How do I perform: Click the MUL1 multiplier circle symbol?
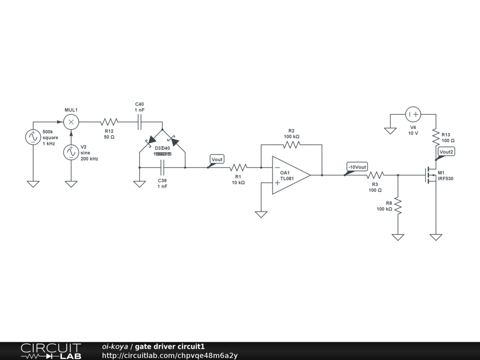coord(71,122)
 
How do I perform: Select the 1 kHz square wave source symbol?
coord(33,137)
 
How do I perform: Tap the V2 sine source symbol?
coord(71,152)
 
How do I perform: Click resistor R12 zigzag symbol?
coord(109,122)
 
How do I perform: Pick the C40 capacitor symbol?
coord(139,122)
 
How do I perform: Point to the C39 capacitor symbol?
coord(162,167)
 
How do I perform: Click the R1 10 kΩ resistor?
coord(238,167)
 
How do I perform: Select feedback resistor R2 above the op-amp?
coord(291,144)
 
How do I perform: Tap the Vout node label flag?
coord(217,159)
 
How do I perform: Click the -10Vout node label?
coord(357,167)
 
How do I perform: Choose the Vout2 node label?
coord(446,151)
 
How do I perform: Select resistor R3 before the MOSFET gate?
coord(375,175)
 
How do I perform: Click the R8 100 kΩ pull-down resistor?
coord(398,206)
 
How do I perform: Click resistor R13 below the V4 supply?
coord(436,136)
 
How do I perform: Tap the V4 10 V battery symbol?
coord(413,114)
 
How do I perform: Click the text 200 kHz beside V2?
coord(90,159)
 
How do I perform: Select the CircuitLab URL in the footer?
coord(170,355)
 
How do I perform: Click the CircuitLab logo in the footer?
coord(51,351)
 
